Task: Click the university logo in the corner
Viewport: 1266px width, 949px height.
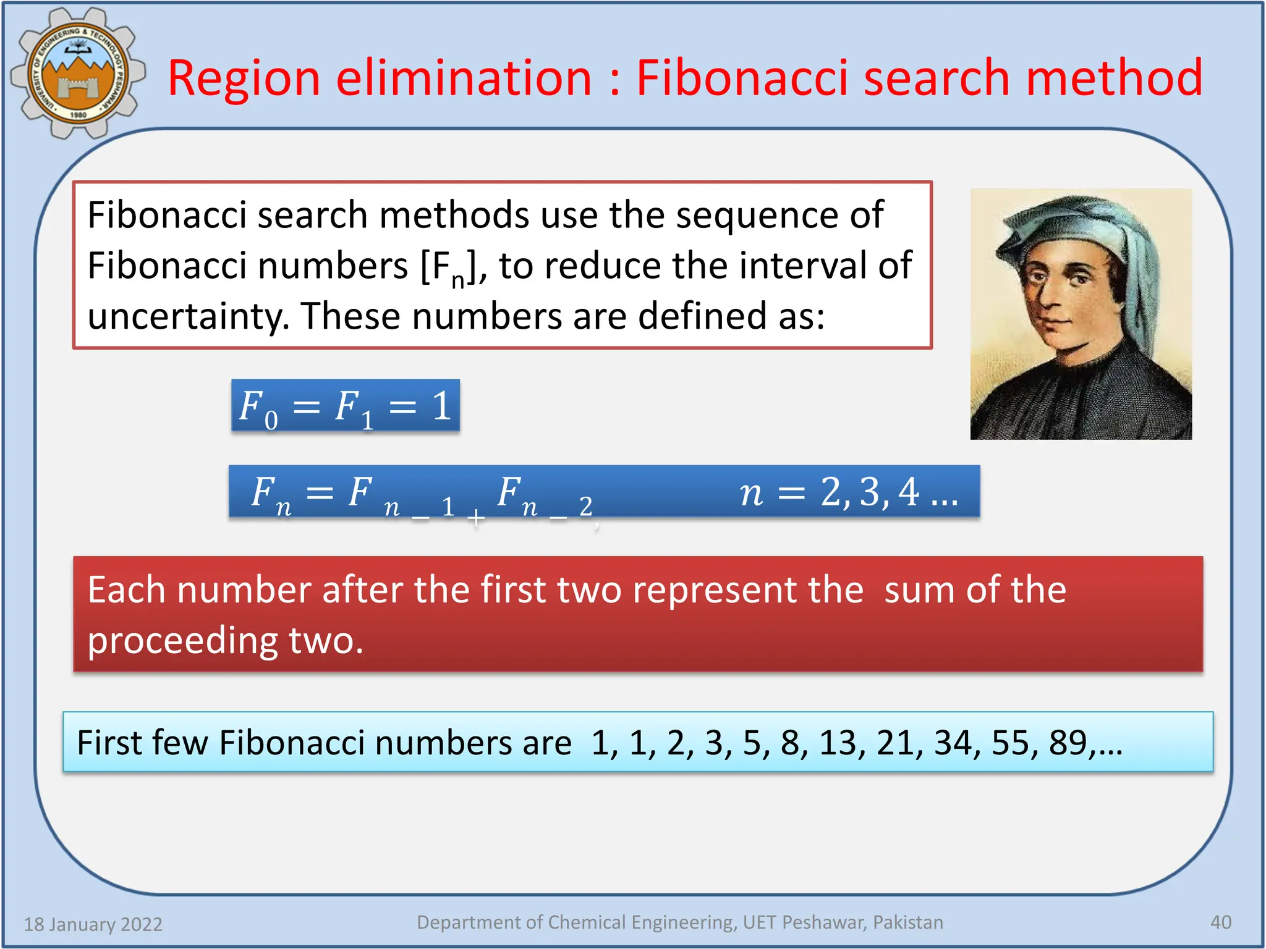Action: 78,73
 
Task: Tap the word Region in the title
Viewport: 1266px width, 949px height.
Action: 244,78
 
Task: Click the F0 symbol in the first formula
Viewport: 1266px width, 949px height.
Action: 257,408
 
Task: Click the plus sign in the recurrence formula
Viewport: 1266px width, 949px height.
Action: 475,517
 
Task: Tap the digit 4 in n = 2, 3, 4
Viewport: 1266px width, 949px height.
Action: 908,492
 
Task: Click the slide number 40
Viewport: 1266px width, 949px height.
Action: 1220,922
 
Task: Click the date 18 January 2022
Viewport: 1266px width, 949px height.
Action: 93,924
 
